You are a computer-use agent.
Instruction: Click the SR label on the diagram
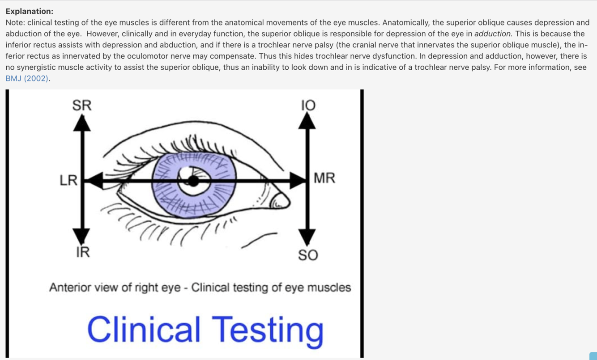pos(81,105)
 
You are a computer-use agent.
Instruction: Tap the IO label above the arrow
pos(308,105)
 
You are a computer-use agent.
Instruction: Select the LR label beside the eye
pos(68,180)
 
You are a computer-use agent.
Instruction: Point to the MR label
pos(324,178)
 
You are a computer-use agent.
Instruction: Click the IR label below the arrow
pos(82,252)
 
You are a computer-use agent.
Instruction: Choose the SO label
pos(308,255)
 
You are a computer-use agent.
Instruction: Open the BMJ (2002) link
pos(27,78)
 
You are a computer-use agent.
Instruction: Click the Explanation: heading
pos(29,11)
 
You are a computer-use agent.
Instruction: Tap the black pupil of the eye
pos(193,181)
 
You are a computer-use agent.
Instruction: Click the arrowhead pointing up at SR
pos(82,123)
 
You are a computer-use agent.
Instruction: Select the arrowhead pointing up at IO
pos(307,121)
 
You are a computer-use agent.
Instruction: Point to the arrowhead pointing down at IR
pos(81,236)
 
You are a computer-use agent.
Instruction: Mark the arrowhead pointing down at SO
pos(307,236)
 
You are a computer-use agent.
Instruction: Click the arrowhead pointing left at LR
pos(94,181)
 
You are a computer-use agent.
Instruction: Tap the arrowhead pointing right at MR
pos(297,181)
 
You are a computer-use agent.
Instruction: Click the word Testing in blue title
pos(267,330)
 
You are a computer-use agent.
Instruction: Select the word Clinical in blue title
pos(143,330)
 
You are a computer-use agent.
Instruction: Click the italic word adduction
pos(493,34)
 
